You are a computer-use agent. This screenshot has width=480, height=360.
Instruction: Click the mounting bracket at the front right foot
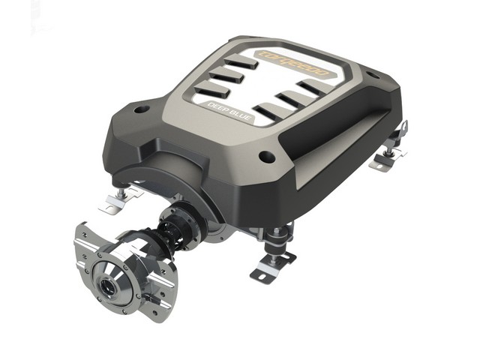271,267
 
